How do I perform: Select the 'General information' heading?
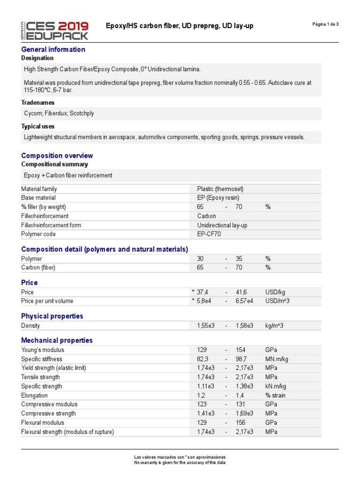pos(53,49)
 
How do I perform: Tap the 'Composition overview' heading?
pos(57,156)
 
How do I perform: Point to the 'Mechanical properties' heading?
pos(57,340)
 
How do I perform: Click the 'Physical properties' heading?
pos(52,316)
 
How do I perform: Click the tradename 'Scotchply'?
pos(85,113)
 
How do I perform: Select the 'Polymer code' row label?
pos(38,234)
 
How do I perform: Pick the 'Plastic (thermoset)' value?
pos(220,189)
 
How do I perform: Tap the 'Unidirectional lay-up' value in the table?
pos(222,225)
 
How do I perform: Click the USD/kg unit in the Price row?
pos(275,292)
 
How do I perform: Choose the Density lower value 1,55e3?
pos(206,325)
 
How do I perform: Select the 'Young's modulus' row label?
pos(43,350)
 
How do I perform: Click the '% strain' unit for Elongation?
pos(275,395)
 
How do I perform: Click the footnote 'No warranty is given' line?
pos(180,463)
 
